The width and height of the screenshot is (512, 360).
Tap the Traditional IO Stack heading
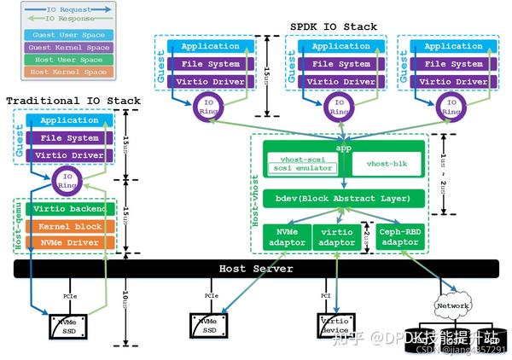click(73, 101)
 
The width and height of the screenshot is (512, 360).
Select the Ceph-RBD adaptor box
click(400, 237)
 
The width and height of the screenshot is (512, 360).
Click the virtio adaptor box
click(337, 237)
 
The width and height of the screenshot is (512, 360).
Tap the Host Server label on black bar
click(256, 269)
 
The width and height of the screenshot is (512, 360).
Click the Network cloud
click(452, 305)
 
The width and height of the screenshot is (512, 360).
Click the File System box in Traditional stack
click(68, 138)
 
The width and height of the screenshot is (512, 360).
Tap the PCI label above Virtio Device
click(326, 295)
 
